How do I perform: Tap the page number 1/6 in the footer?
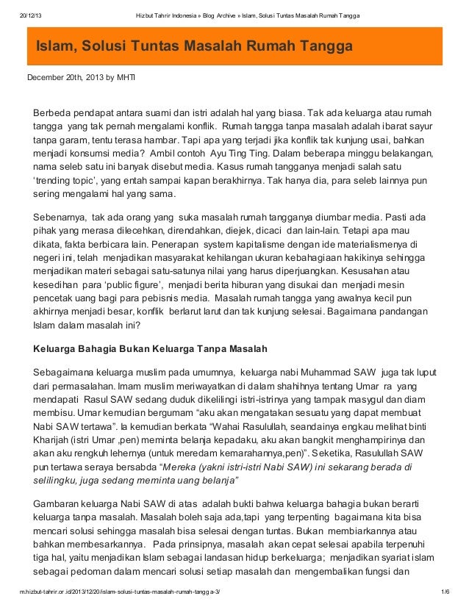click(x=444, y=592)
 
